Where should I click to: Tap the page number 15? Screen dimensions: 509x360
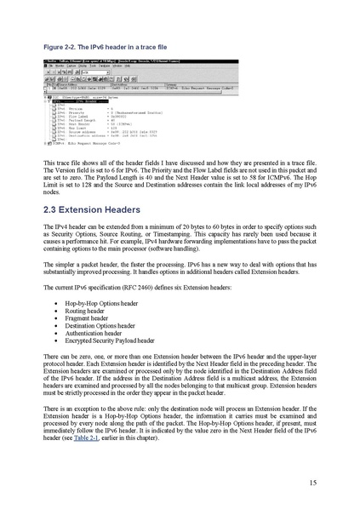(x=313, y=483)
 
